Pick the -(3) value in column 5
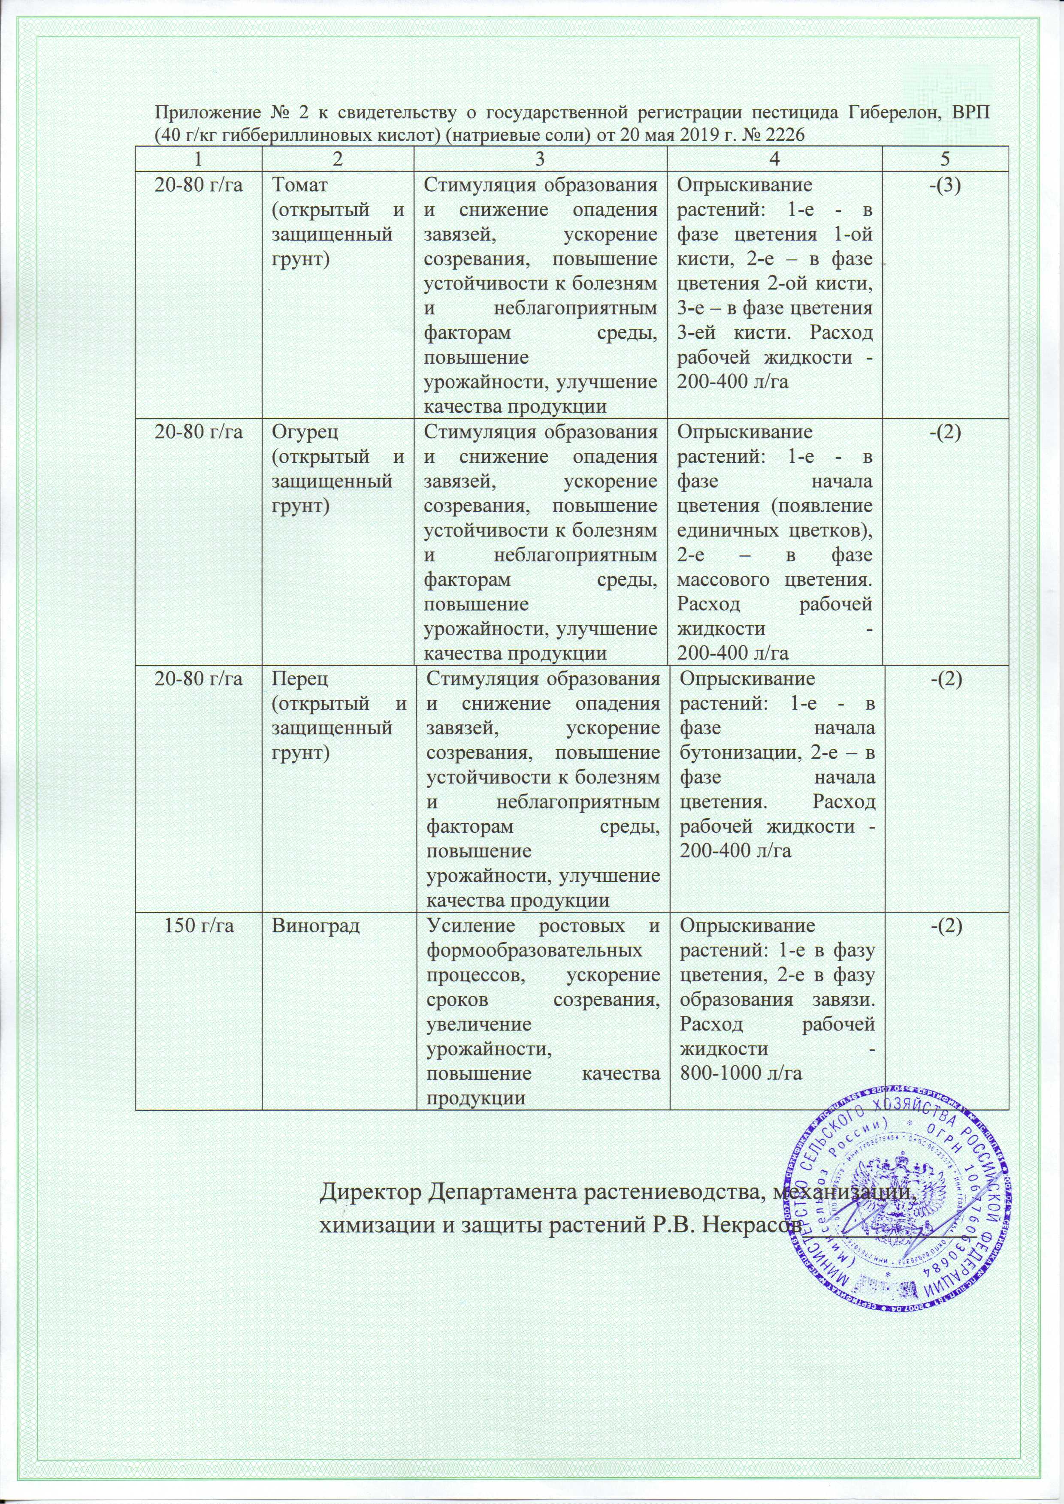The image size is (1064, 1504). (945, 185)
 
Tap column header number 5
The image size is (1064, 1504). (945, 159)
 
